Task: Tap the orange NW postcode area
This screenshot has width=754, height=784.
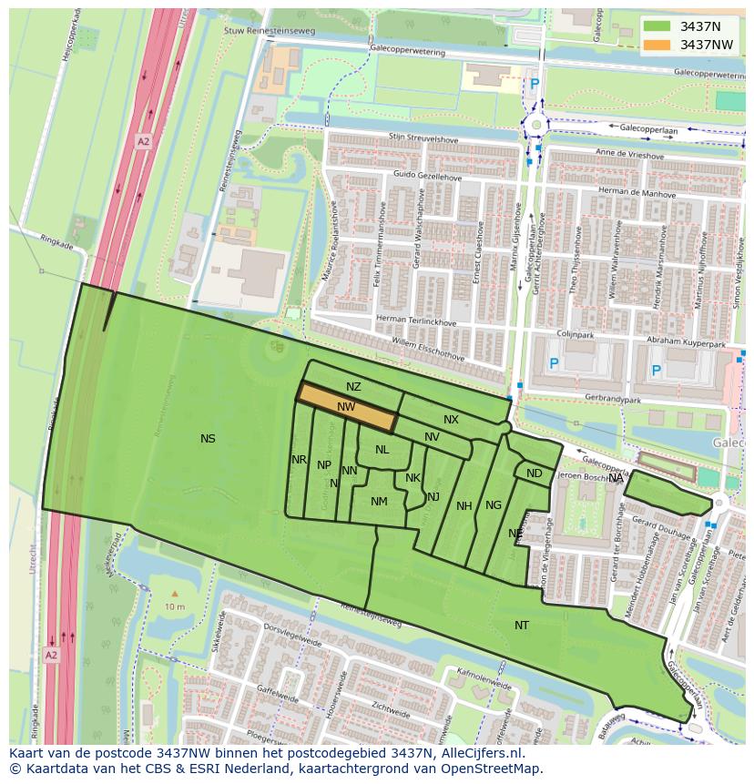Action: point(347,407)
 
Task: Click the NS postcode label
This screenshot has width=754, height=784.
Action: point(208,439)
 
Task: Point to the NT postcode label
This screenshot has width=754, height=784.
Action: point(521,626)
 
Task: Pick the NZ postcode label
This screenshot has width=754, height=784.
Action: point(353,387)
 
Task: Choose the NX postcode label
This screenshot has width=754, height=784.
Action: point(451,420)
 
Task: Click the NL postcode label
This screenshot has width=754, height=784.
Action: point(382,450)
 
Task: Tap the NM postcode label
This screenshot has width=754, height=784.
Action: point(379,502)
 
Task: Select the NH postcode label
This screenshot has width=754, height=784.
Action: point(464,506)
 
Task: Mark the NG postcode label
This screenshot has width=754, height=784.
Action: point(494,505)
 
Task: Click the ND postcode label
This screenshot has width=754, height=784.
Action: point(535,473)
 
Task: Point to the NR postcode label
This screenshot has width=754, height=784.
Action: point(299,460)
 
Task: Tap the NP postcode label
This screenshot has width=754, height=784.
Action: point(323,465)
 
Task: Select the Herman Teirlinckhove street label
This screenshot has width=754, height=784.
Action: point(416,321)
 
